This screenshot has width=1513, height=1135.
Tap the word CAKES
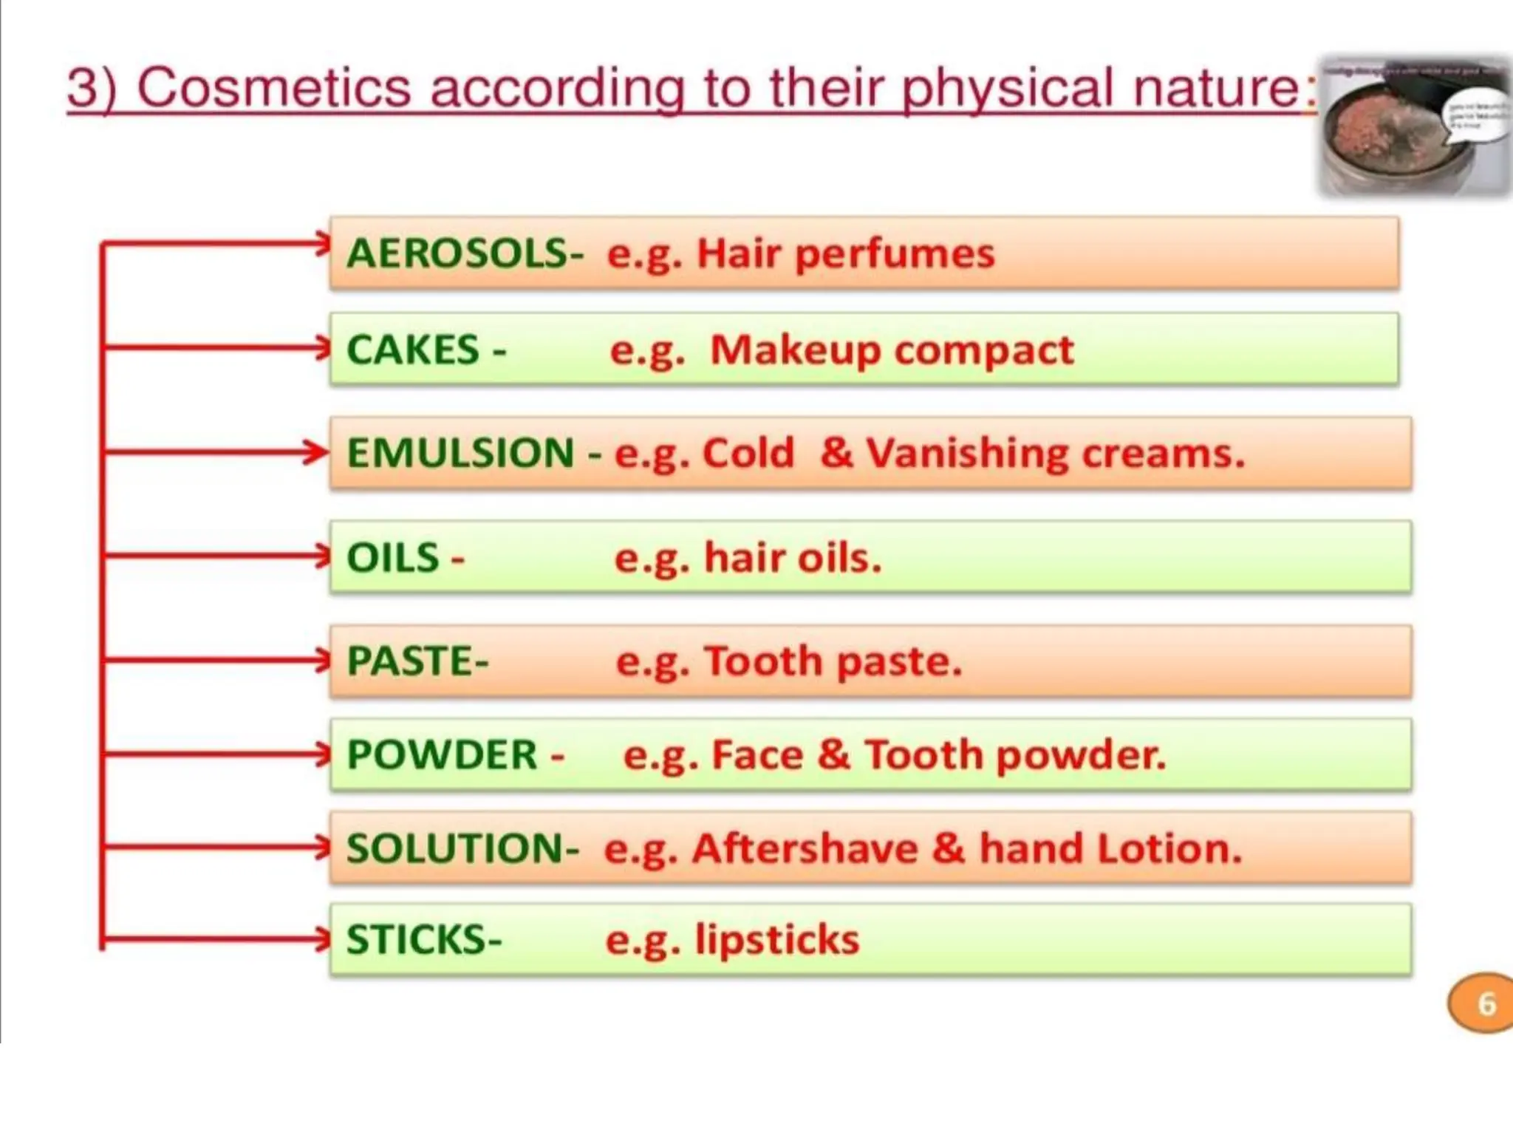413,350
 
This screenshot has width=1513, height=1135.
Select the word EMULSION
460,453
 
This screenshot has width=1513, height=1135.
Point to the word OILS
393,558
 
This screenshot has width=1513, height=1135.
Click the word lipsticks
777,941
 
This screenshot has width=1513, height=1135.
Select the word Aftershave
805,848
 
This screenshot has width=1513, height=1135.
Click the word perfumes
895,254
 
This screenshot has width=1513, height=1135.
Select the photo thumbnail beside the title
1414,127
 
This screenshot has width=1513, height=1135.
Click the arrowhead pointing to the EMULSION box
318,451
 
